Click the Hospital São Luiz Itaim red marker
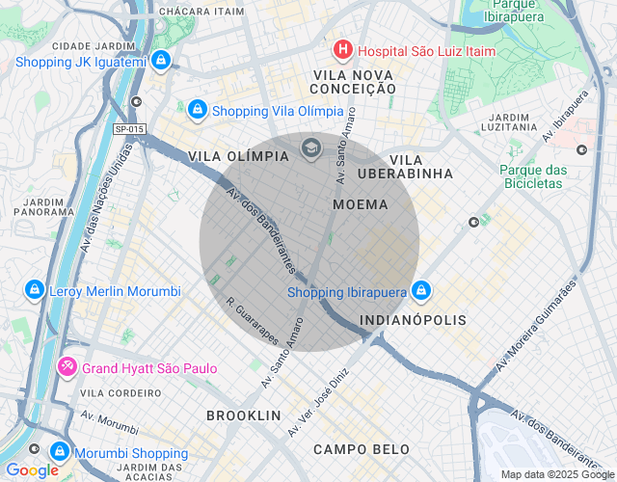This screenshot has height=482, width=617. [x=342, y=50]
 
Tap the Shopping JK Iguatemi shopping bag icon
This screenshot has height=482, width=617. [x=161, y=62]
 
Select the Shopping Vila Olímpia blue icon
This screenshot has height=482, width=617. [x=198, y=110]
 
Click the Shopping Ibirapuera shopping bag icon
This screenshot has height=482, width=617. [x=421, y=291]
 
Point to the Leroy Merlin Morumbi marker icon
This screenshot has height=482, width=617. [x=34, y=290]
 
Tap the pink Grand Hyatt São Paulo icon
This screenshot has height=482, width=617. [x=67, y=367]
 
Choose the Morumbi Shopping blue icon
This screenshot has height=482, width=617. [x=60, y=452]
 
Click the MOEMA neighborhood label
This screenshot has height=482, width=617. [x=360, y=204]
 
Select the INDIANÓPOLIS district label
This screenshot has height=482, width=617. [x=413, y=319]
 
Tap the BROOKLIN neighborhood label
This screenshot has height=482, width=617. [x=243, y=415]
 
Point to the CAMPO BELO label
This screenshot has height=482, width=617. [x=361, y=449]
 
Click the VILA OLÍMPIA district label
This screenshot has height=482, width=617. [x=238, y=156]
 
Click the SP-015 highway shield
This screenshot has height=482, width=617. [x=127, y=128]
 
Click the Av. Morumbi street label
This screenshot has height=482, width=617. [x=110, y=421]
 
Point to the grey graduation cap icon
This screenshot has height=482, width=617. [x=310, y=147]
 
